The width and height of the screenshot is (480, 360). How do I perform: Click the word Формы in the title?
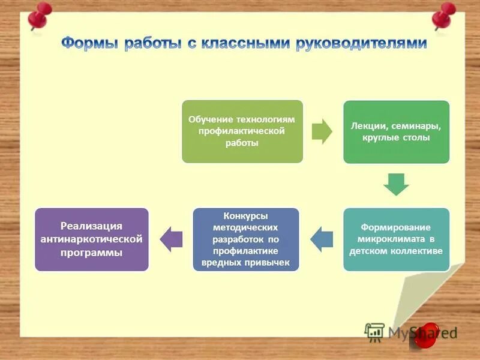click(x=90, y=44)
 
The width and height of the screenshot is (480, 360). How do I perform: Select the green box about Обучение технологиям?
click(x=242, y=131)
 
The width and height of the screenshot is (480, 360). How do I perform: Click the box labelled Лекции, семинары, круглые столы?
click(x=396, y=132)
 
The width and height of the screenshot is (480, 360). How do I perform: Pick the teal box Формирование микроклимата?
click(x=396, y=239)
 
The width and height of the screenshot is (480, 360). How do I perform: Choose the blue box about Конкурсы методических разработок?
click(x=245, y=239)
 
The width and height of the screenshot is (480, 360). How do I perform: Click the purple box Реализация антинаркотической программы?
click(x=91, y=239)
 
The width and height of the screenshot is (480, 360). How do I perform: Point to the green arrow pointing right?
click(x=322, y=131)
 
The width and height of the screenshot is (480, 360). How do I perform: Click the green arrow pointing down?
click(x=396, y=184)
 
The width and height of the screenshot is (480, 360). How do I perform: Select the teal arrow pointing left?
click(x=322, y=239)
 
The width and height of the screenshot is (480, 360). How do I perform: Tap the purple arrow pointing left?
click(x=172, y=239)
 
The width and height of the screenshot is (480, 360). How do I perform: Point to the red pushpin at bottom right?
click(x=428, y=335)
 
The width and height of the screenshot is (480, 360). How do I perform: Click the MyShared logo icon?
click(x=375, y=332)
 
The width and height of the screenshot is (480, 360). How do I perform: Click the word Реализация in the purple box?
click(x=91, y=226)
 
